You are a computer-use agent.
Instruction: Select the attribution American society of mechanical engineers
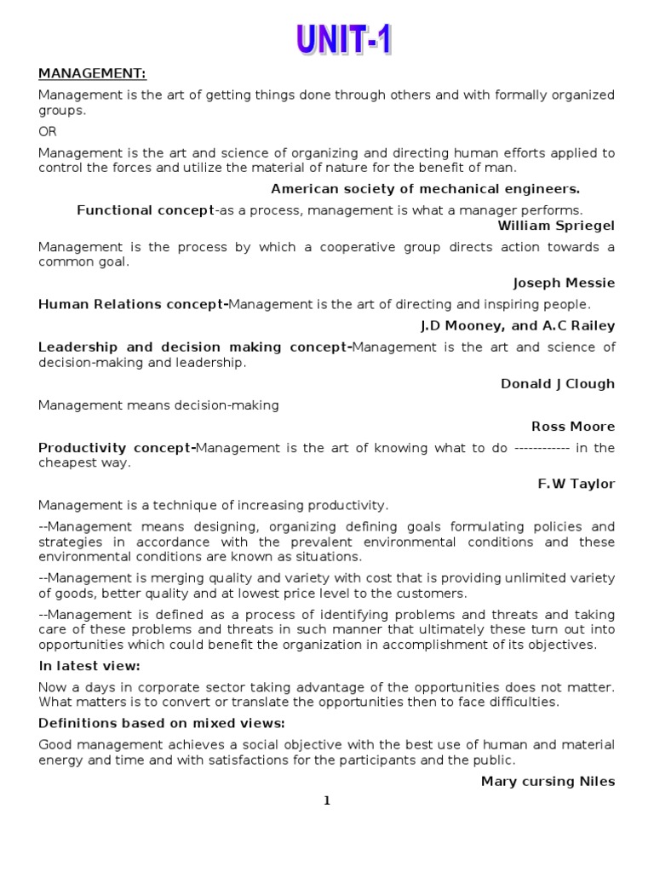tap(425, 189)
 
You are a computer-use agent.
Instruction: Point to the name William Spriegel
tap(556, 226)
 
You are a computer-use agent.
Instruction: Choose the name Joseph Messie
tap(564, 283)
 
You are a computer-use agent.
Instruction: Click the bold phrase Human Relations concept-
tap(134, 305)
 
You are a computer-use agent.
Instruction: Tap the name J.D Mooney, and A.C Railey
tap(518, 326)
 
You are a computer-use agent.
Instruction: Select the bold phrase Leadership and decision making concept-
tap(195, 347)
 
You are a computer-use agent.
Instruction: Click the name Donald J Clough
tap(557, 384)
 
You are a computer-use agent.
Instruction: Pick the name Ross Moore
tap(572, 427)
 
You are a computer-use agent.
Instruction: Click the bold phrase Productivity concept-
tap(118, 448)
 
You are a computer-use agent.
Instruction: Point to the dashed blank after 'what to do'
tap(542, 448)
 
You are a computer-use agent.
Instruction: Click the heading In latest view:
tap(89, 666)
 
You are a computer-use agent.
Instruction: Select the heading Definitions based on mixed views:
tap(162, 724)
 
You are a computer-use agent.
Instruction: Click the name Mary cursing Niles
tap(548, 782)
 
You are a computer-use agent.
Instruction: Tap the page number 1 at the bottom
tap(327, 800)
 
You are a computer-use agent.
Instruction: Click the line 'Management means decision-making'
tap(158, 405)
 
